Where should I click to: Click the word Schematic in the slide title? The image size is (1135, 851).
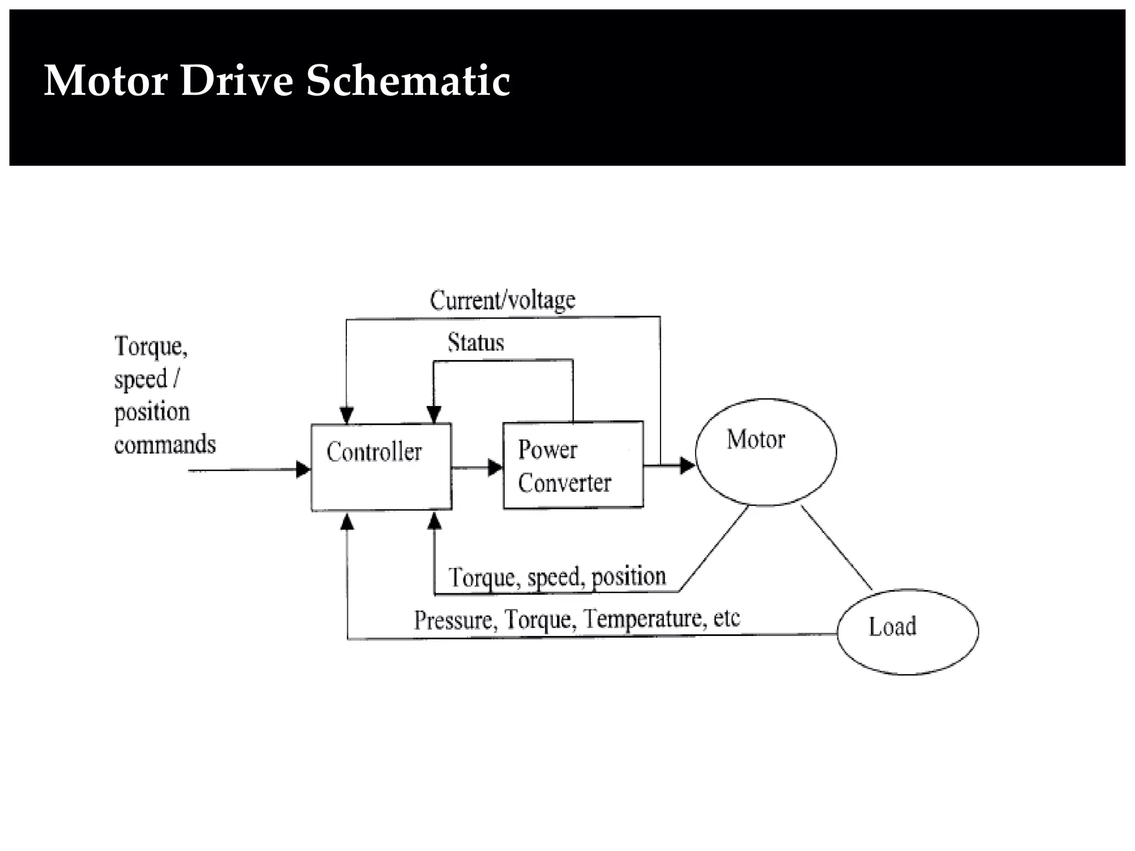tap(407, 81)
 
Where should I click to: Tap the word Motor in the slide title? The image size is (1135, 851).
tap(105, 81)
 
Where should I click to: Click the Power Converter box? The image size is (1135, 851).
tap(573, 465)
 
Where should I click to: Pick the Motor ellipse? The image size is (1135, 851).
tap(765, 452)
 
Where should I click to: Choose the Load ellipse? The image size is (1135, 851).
tap(907, 632)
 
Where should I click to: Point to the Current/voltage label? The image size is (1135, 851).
tap(503, 300)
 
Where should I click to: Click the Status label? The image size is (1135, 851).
tap(476, 342)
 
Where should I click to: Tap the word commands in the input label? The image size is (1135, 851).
tap(165, 444)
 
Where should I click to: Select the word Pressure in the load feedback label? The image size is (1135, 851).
tap(453, 620)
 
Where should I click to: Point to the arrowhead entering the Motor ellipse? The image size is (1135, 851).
tap(687, 465)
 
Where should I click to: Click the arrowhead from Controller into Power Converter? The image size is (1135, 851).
tap(495, 468)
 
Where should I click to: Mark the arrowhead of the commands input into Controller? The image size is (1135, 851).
tap(303, 470)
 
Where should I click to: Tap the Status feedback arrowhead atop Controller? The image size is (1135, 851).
tap(434, 414)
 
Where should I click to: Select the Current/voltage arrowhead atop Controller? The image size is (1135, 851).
tap(346, 415)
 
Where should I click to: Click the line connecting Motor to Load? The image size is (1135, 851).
tap(836, 547)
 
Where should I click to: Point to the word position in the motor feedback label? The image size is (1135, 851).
tap(628, 577)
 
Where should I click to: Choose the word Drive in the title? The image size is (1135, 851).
tap(237, 81)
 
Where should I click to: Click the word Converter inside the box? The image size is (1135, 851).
tap(564, 483)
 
